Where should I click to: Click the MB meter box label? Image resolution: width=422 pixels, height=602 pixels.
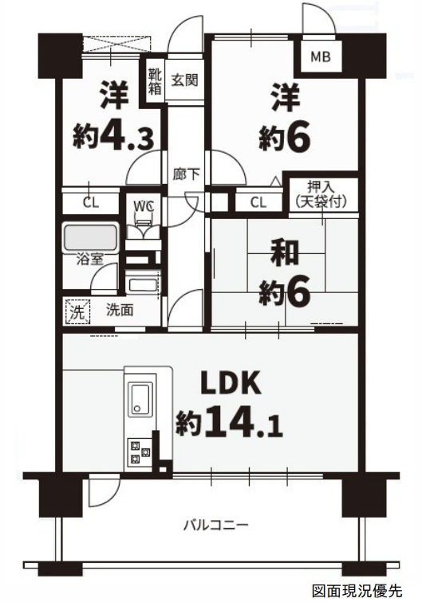pos(321,57)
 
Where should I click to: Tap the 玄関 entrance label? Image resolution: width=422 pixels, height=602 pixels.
pos(184,80)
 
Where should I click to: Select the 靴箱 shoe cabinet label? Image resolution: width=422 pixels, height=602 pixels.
pos(155,80)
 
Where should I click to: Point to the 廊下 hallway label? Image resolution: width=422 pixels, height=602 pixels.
pos(186,174)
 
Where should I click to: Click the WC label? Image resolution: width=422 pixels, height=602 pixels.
pos(144,206)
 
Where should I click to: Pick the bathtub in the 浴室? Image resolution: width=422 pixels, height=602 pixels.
pos(91,238)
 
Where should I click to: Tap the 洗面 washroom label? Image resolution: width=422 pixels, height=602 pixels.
pos(120,310)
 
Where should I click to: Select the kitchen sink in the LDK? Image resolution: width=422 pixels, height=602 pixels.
pos(140,398)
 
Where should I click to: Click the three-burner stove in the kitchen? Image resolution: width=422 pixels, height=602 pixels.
pos(140,452)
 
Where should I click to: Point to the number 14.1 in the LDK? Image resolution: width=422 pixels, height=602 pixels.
pos(244,425)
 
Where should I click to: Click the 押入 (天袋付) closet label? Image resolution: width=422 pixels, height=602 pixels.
pos(321,195)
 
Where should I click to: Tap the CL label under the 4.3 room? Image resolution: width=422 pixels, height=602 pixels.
pos(91,203)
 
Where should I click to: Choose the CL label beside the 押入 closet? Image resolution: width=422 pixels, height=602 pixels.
pos(258,202)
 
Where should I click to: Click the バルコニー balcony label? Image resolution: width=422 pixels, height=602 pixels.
pos(215,525)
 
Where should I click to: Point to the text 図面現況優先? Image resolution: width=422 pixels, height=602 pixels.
pos(357,590)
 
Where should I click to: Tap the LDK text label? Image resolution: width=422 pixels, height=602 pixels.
pos(231,382)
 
